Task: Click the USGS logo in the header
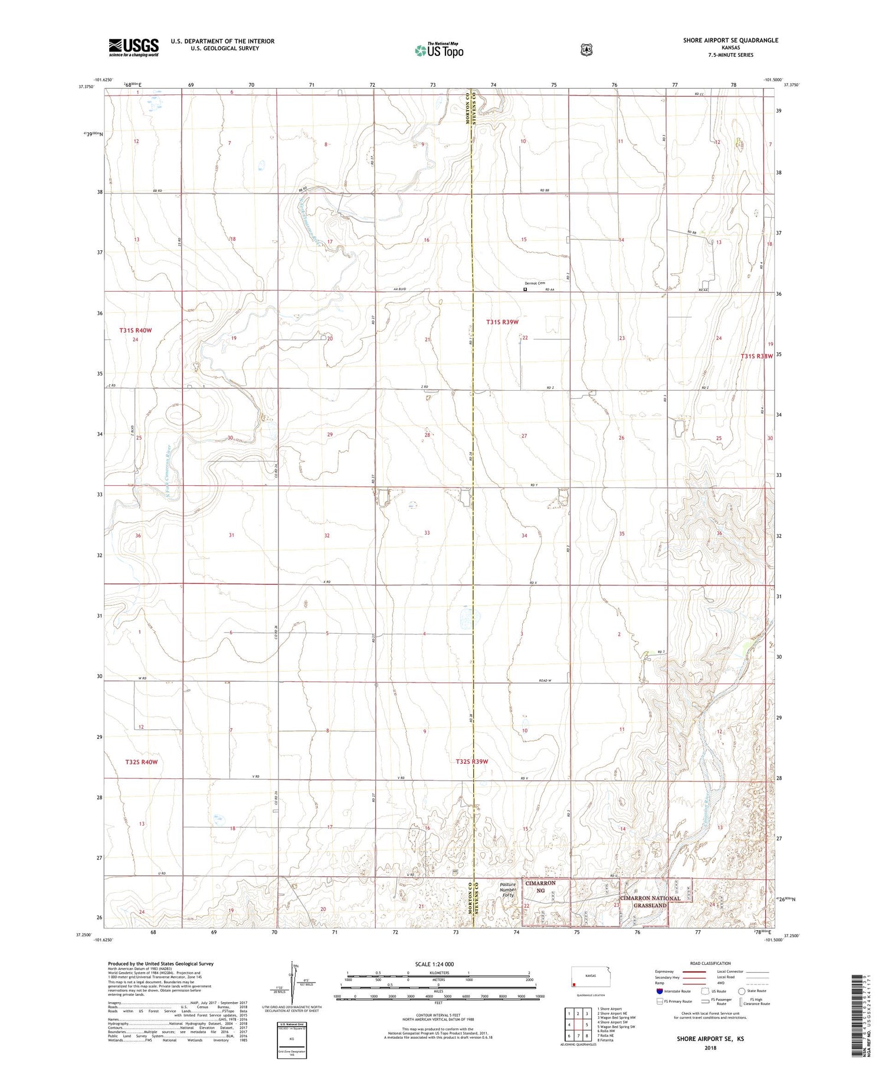133,47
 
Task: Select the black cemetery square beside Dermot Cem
525,290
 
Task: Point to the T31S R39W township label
502,322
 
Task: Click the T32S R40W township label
141,762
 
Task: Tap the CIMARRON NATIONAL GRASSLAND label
650,902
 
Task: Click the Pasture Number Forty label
507,889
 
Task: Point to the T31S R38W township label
756,356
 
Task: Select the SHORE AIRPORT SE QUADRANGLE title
730,40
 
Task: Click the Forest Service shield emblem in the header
586,50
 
